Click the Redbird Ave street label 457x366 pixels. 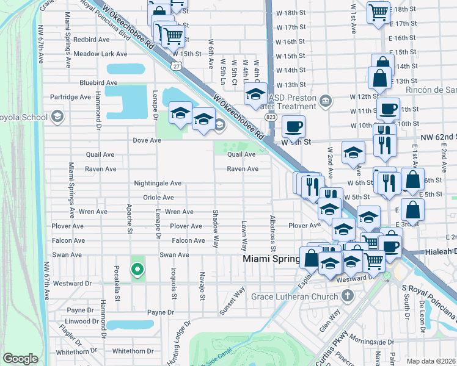[91, 38]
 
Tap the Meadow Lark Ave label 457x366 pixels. [100, 54]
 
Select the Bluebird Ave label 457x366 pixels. [98, 82]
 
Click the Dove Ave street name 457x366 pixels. [147, 140]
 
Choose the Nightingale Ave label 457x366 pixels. [158, 183]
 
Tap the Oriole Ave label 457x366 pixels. [158, 198]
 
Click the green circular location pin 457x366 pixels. [137, 268]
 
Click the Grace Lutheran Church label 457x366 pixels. [298, 297]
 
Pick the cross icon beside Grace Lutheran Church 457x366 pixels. [348, 296]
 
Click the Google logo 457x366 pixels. [20, 359]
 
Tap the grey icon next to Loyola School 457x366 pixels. [57, 116]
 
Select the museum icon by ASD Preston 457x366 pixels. [326, 99]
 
